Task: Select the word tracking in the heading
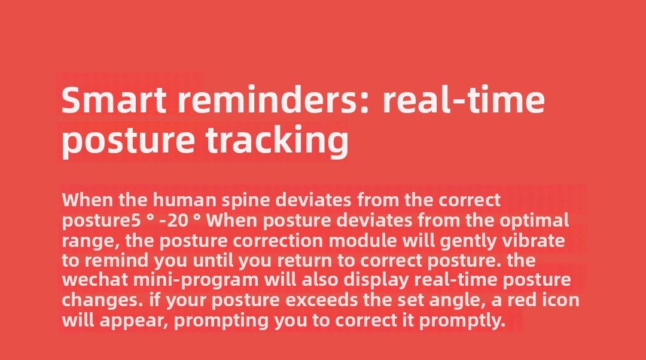(x=278, y=139)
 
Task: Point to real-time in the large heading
(x=464, y=100)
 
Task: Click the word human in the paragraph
(x=185, y=200)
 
